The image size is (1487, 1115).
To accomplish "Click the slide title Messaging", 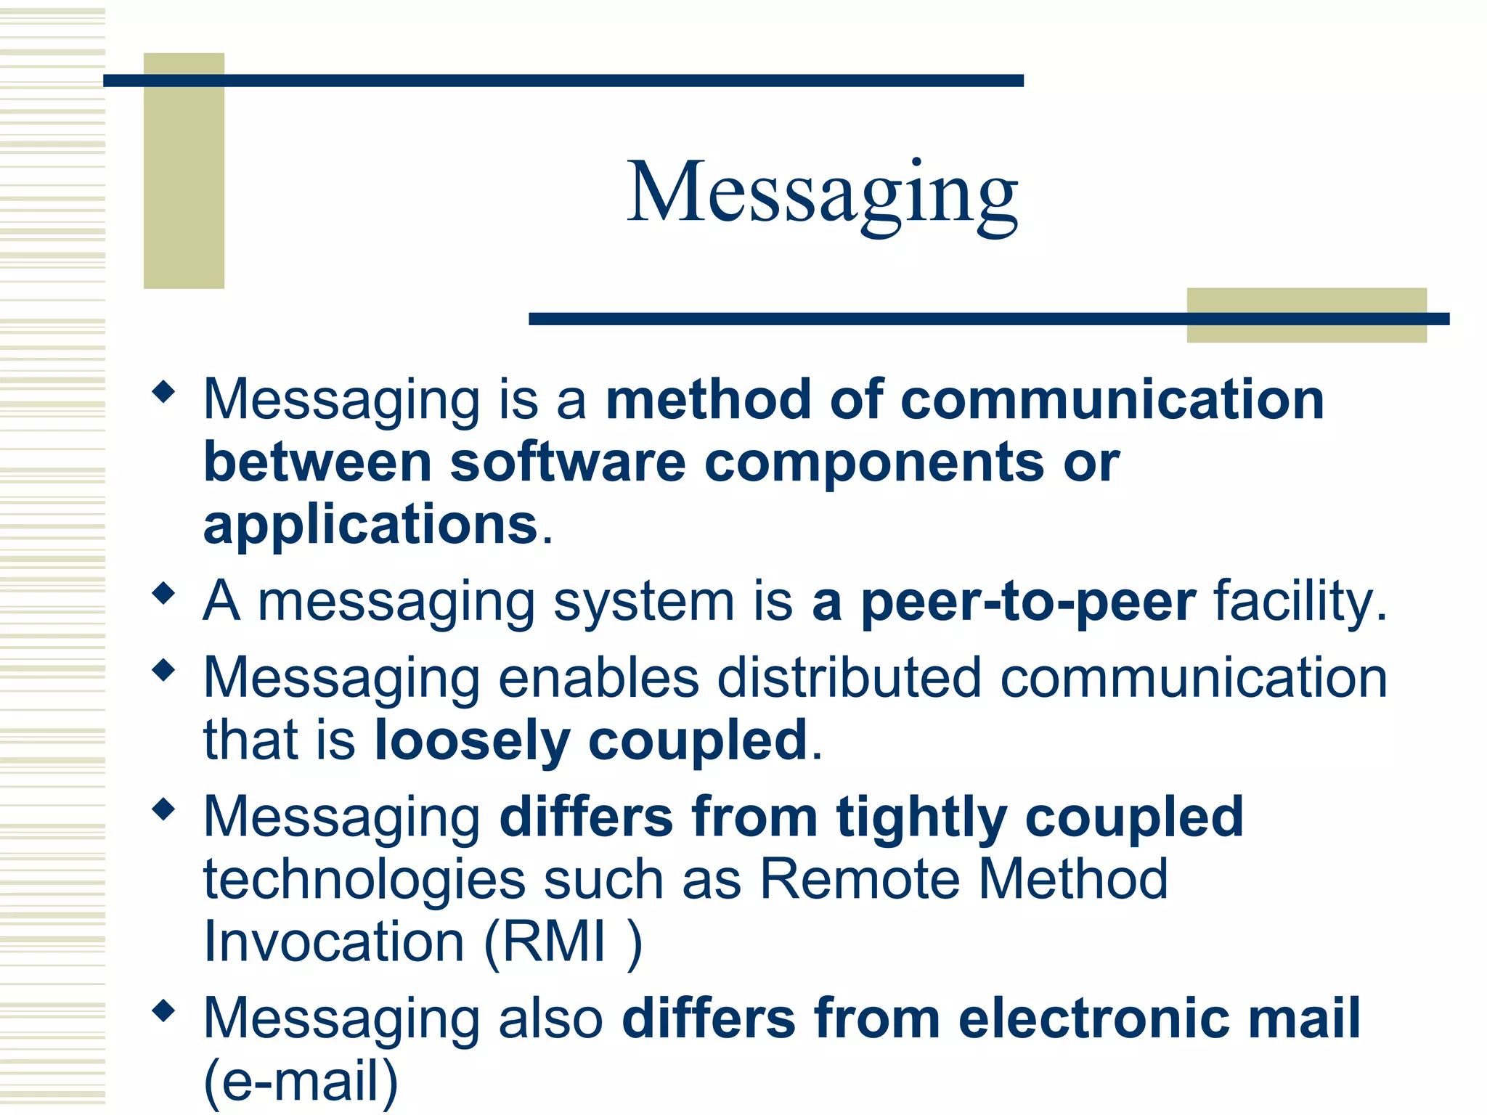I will point(822,192).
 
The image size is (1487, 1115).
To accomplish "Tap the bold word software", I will point(568,462).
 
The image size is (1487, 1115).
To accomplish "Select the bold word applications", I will point(370,525).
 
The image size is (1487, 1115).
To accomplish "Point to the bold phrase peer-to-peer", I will point(1028,602).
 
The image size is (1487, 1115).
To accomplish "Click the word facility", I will point(1300,602).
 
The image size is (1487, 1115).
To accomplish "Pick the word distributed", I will point(849,678).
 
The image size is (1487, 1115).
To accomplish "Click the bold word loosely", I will point(471,740).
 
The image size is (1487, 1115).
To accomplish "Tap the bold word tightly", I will point(921,817).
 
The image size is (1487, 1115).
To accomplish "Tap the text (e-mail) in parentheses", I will point(301,1081).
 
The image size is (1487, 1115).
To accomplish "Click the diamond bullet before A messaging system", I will point(164,594).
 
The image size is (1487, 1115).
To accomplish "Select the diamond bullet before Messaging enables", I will point(164,670).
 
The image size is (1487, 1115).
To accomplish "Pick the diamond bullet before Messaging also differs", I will point(164,1010).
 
